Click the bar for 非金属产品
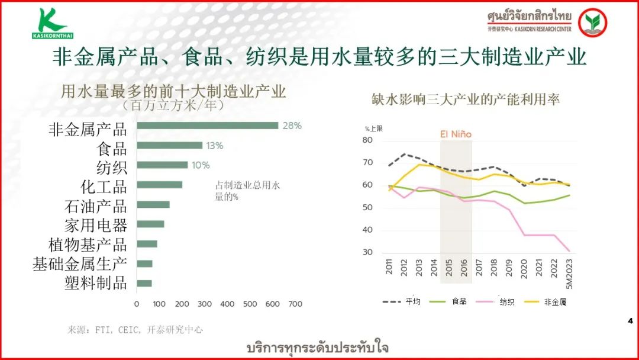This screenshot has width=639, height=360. click(207, 126)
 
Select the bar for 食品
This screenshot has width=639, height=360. click(170, 146)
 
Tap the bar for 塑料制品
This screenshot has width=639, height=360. click(144, 283)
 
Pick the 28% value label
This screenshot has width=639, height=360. click(292, 126)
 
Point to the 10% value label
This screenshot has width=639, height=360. click(200, 165)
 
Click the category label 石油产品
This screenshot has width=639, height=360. click(95, 205)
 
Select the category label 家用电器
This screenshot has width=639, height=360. click(95, 225)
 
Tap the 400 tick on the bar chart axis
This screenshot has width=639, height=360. click(227, 304)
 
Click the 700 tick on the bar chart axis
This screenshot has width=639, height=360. click(295, 304)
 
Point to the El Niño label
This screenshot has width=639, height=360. click(456, 134)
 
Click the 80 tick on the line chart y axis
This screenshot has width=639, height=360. click(367, 140)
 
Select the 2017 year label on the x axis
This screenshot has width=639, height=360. click(479, 267)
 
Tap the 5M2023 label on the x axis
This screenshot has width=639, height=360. click(570, 274)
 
